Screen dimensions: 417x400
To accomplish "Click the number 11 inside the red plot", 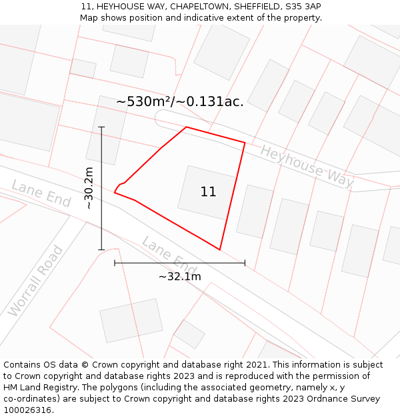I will pos(208,192).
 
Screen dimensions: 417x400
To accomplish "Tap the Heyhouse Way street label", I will pos(307,166).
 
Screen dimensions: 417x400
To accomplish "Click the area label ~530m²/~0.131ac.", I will pos(180,102).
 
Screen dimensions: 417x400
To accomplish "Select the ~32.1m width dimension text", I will pos(179,276).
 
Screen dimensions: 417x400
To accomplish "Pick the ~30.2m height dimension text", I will pos(89,188).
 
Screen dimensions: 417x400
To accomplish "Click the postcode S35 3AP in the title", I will pos(303,7).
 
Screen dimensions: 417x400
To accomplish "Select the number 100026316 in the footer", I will pos(27,410).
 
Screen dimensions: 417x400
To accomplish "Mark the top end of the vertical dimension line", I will pos(101,127).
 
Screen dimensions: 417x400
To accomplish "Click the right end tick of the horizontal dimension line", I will pos(245,263).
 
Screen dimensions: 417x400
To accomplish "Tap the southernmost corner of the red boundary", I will pos(219,250).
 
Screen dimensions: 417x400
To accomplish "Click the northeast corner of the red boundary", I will pos(245,142).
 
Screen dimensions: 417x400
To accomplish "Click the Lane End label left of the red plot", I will pos(41,194).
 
